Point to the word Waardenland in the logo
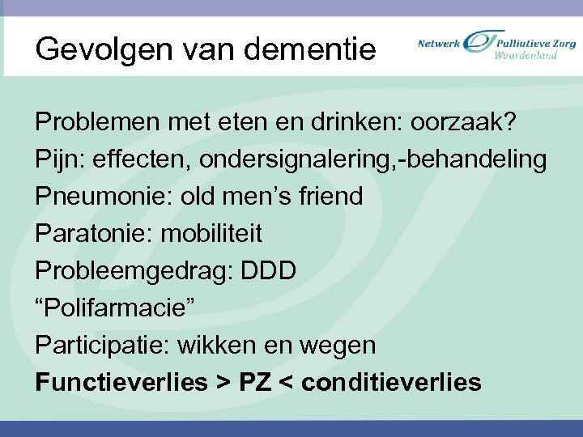click(526, 56)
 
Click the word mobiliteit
click(212, 234)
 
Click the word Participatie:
click(103, 346)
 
